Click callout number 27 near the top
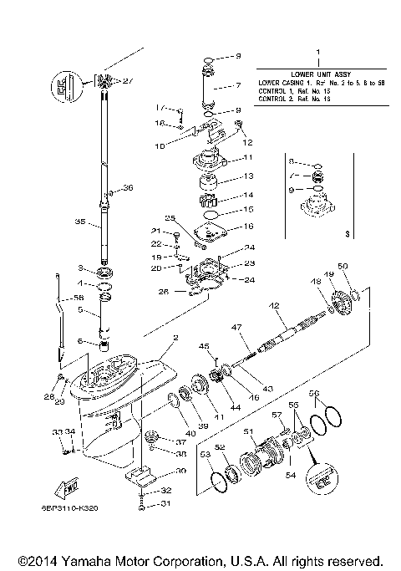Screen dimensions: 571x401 tap(128, 81)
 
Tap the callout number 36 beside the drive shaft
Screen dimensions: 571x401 tap(128, 188)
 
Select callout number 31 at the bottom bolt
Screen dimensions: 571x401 tap(165, 503)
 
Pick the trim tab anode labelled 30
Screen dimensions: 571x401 tap(140, 477)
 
